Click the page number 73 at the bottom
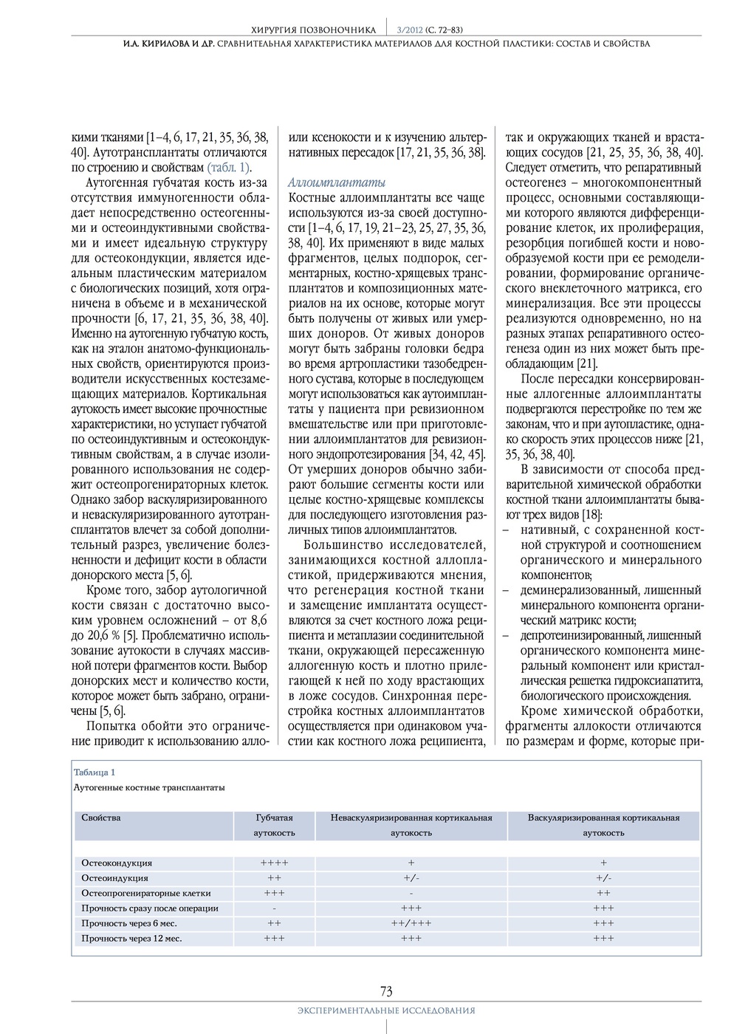[386, 991]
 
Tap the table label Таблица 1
[95, 772]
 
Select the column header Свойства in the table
[101, 818]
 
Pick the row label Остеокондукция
[117, 863]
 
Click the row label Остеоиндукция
[114, 878]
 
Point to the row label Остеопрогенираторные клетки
[145, 893]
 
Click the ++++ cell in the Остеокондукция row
[274, 863]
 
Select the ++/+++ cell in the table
[411, 923]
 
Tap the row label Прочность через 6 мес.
[129, 923]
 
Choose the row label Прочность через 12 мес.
[131, 939]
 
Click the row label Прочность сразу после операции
[150, 908]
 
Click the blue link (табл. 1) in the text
[229, 167]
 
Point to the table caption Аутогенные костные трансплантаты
[149, 787]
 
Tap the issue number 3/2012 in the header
[405, 30]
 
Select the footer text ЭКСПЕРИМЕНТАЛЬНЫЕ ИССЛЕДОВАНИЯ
[386, 1010]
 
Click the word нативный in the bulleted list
[545, 530]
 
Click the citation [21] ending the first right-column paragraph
[587, 363]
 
